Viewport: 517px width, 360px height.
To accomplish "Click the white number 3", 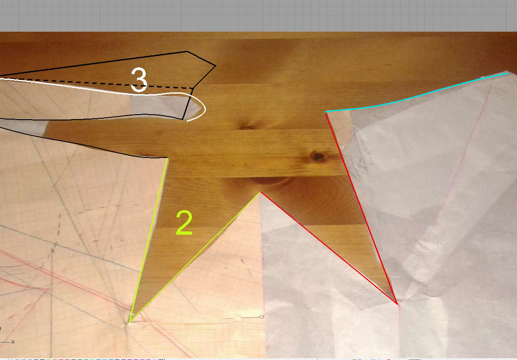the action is (x=139, y=80).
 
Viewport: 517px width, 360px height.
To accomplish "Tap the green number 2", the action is (x=185, y=223).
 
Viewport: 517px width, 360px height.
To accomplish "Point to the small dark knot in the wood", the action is (x=318, y=156).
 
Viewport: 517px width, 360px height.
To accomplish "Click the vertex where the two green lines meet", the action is (x=129, y=322).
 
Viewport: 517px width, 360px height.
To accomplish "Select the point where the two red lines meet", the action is (x=397, y=304).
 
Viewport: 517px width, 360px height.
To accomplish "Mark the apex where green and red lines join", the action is (x=260, y=192).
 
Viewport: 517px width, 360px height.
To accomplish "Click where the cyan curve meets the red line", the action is (x=326, y=112).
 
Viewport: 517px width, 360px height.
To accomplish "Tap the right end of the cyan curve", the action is (x=508, y=73).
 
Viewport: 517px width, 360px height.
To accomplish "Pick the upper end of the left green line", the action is (x=168, y=158).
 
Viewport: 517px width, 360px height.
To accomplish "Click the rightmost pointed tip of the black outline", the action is (x=216, y=66).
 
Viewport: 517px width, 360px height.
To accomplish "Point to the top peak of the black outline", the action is (x=187, y=51).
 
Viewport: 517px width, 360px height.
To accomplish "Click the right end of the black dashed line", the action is (x=193, y=88).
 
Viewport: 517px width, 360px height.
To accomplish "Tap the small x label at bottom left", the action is (x=13, y=342).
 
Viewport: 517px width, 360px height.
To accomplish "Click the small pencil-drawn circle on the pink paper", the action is (x=261, y=317).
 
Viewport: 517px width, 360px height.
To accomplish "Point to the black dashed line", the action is (x=97, y=84).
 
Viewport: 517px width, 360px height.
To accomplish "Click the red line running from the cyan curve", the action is (x=362, y=208).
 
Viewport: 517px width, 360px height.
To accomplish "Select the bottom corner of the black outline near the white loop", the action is (x=183, y=119).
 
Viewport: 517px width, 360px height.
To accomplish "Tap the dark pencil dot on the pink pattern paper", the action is (x=53, y=251).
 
